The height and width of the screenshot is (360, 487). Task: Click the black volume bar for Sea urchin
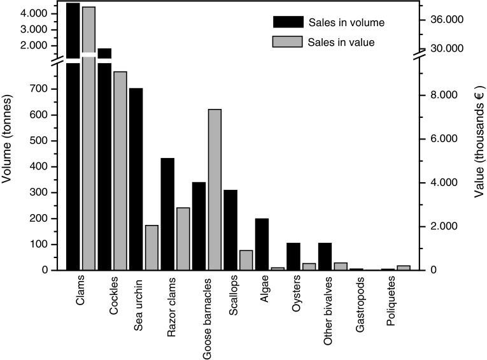(x=136, y=179)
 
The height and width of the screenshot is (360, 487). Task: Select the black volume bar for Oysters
(x=293, y=256)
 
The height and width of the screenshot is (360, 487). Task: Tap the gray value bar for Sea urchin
(x=152, y=248)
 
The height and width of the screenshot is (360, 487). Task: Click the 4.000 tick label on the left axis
(x=33, y=13)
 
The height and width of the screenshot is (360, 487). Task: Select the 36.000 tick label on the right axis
(x=445, y=20)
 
